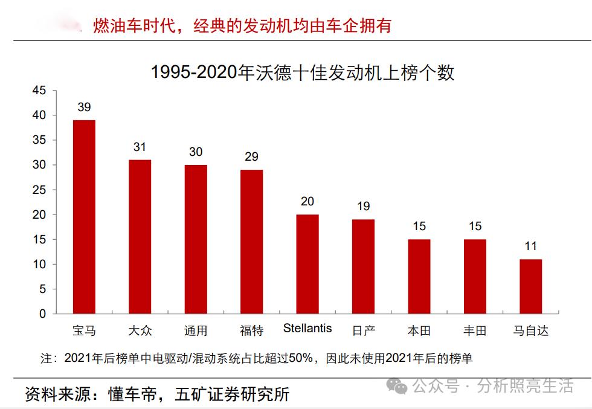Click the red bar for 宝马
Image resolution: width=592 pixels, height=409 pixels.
pos(84,217)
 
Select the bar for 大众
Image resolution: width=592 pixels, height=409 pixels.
pos(140,237)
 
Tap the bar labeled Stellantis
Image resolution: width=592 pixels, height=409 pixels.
pos(307,264)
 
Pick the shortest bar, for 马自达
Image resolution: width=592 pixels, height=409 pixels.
pos(530,286)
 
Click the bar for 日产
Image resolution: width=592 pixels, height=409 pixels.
pos(363,266)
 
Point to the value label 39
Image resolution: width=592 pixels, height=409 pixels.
pos(84,108)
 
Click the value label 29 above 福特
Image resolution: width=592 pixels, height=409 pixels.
pos(251,157)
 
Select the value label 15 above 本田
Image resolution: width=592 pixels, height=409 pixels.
pos(419,227)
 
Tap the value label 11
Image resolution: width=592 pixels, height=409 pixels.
pos(530,246)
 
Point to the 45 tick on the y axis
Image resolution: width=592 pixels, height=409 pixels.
pos(39,91)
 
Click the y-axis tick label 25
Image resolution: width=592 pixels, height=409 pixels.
pos(39,190)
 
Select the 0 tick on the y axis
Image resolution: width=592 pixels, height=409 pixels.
pos(42,314)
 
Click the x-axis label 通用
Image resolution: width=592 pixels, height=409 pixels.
pos(196,330)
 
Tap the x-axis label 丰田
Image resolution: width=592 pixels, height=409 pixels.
pos(475,330)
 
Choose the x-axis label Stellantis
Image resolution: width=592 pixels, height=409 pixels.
pos(307,329)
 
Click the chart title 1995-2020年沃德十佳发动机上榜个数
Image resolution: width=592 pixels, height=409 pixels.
pos(302,72)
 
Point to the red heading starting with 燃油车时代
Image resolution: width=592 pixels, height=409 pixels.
pos(242,25)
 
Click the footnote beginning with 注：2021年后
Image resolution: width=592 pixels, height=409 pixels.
pos(256,358)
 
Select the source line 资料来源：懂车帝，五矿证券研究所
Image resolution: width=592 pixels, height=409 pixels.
pos(157,395)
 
